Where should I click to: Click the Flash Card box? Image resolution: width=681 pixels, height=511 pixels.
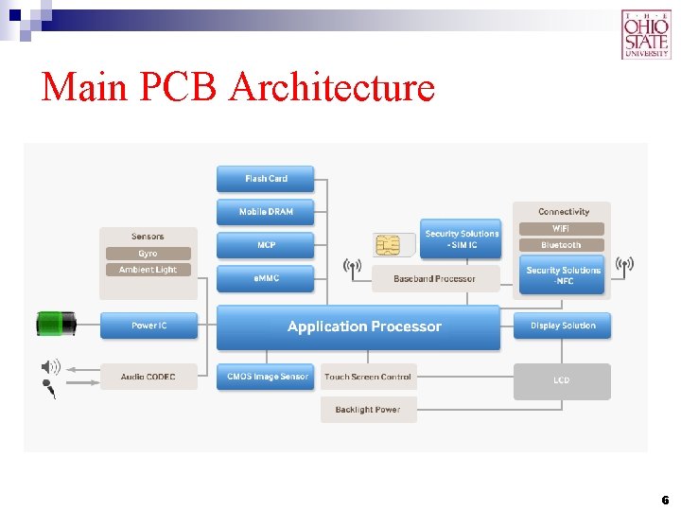(265, 179)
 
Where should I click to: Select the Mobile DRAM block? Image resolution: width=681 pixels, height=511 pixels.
(265, 212)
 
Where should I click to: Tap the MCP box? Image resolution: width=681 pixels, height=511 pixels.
(265, 245)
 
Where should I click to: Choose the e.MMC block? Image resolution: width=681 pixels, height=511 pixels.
(265, 278)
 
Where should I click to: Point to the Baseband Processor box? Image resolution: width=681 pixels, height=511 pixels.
(435, 278)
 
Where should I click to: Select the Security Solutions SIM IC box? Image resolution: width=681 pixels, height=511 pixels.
(461, 239)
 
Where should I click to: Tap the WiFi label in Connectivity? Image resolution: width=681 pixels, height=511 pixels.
(561, 229)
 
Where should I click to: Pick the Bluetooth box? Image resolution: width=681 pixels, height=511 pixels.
(561, 245)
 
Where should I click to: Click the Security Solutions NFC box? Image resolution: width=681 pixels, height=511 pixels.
(563, 274)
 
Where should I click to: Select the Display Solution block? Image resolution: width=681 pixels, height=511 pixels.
(563, 326)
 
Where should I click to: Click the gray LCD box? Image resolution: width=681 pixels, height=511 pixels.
(562, 380)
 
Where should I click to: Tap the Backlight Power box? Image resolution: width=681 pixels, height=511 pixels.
(368, 410)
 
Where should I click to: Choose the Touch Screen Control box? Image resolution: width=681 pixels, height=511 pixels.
(368, 377)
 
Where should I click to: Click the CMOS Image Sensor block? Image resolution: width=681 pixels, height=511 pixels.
(267, 377)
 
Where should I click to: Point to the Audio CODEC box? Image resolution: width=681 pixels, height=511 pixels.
(148, 377)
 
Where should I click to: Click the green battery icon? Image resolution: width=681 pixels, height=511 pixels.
(56, 324)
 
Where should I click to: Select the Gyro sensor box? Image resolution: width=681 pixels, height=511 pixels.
(148, 254)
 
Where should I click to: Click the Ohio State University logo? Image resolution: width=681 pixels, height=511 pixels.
(645, 34)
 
